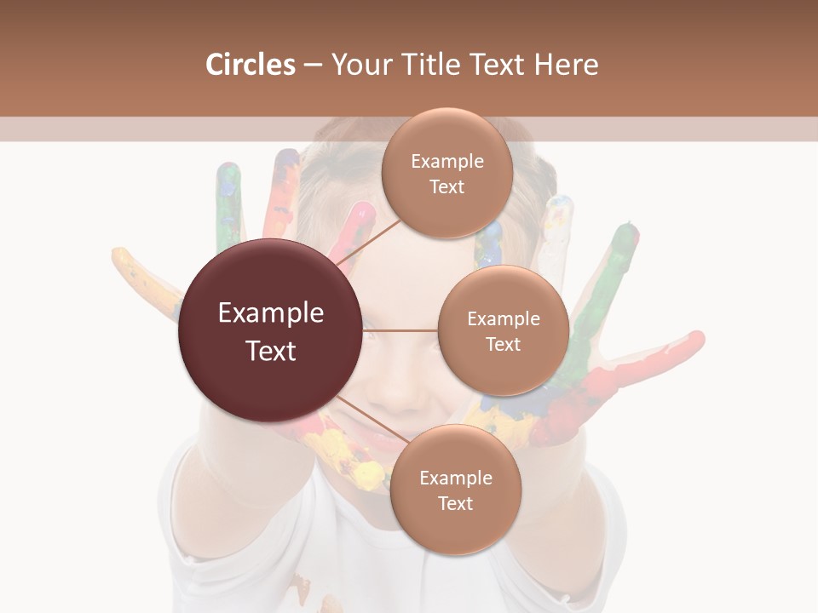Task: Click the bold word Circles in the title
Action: click(250, 65)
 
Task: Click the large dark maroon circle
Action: click(270, 330)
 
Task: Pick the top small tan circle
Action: click(446, 174)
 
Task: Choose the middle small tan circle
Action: click(503, 330)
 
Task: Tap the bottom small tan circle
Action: click(455, 490)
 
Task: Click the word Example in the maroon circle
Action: click(270, 313)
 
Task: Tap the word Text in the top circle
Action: click(446, 187)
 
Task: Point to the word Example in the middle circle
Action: click(503, 318)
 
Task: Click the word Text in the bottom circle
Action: click(455, 503)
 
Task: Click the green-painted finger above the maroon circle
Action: click(228, 204)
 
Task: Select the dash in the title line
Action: click(313, 66)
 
